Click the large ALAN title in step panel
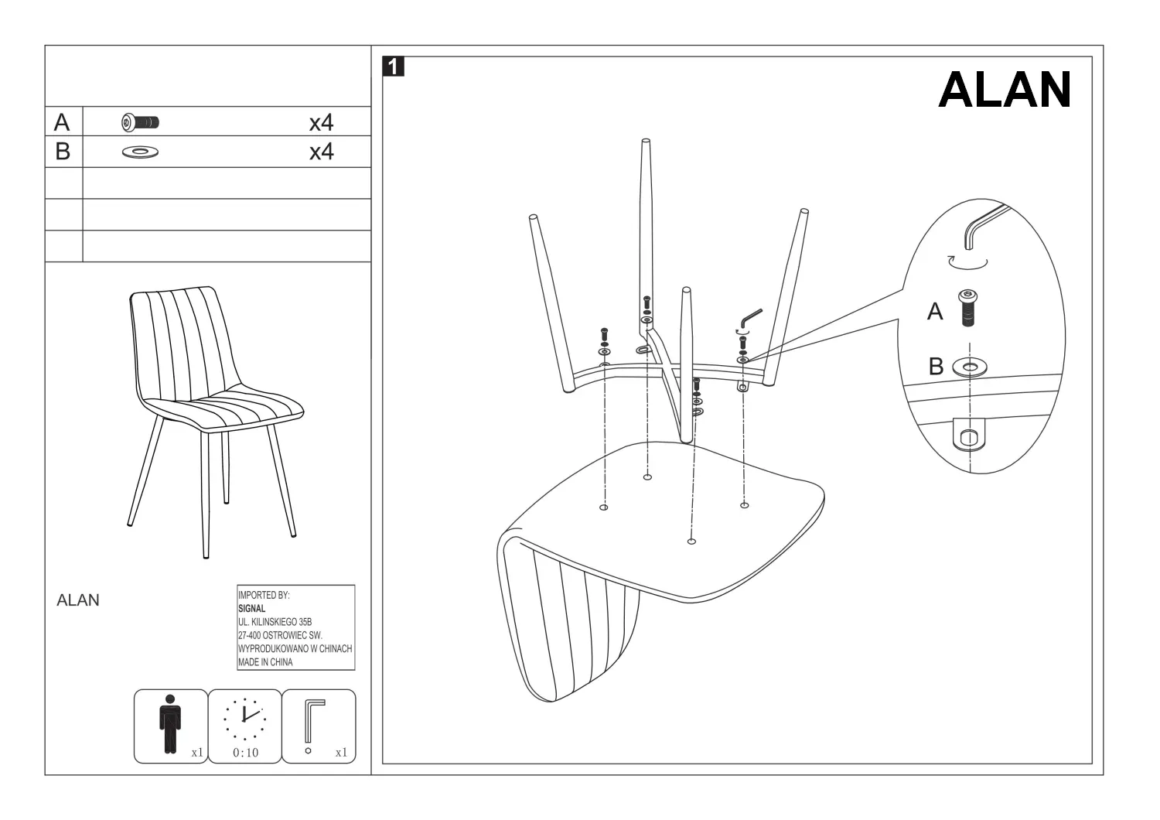[1004, 89]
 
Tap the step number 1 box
[393, 67]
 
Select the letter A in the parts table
[62, 122]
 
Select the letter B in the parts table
[63, 152]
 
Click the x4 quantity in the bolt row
[321, 123]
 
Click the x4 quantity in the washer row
[321, 152]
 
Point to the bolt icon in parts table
[140, 123]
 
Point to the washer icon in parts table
[140, 152]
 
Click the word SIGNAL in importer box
[251, 609]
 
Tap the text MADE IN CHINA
[265, 662]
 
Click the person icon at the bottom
[170, 723]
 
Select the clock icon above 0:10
[244, 719]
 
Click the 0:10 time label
[245, 753]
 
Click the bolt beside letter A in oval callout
[968, 308]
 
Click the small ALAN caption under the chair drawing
[77, 600]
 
